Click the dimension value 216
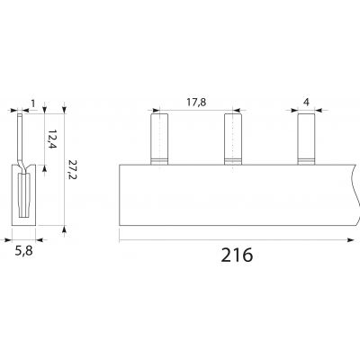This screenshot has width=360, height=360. click(x=237, y=256)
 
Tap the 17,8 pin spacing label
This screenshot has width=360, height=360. click(x=196, y=103)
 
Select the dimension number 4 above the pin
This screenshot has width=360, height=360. click(x=306, y=103)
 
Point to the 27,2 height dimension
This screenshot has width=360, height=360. click(x=72, y=169)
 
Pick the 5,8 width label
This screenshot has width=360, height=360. click(x=24, y=251)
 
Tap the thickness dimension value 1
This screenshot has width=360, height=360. click(x=33, y=103)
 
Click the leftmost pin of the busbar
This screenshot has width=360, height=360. click(x=159, y=139)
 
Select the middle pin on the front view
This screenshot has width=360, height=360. click(x=233, y=139)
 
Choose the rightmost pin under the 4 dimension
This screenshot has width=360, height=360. click(x=306, y=139)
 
